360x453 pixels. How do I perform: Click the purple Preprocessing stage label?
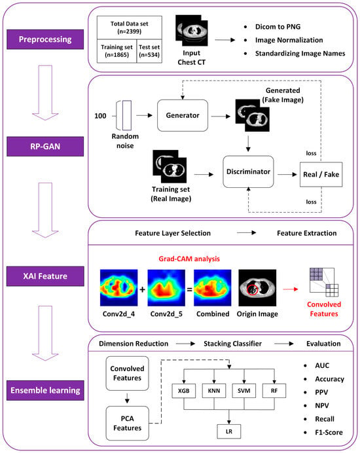[45, 39]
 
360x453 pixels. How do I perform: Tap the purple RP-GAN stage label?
[45, 147]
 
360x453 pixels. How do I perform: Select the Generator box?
[183, 116]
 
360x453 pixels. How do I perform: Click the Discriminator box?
[248, 172]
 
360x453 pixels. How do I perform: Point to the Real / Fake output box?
[321, 175]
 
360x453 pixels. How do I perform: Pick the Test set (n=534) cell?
[149, 51]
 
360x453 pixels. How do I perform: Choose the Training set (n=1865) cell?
[117, 51]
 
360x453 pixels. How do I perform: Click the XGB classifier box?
[184, 391]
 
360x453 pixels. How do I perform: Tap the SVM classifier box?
[244, 391]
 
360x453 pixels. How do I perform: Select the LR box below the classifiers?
[229, 431]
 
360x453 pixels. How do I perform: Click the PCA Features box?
[128, 424]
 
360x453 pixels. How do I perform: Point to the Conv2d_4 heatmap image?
[118, 288]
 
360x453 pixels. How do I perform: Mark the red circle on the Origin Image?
[253, 290]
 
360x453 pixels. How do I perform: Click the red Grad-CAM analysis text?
[189, 259]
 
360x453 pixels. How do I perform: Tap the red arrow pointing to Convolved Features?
[291, 289]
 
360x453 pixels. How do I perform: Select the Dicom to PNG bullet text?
[278, 27]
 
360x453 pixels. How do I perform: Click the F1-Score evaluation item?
[329, 433]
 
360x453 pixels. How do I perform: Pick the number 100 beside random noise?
[100, 116]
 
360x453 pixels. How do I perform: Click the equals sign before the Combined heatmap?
[190, 289]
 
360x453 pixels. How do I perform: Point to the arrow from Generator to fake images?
[221, 117]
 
